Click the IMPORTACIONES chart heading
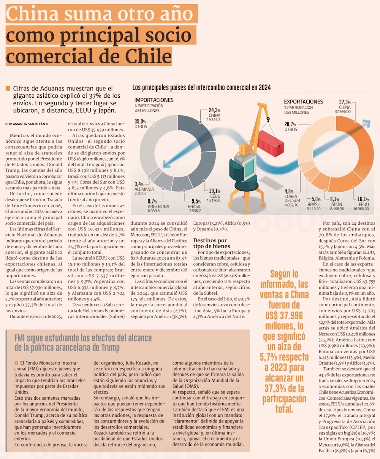pos(154,100)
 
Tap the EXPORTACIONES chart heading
pos(303,102)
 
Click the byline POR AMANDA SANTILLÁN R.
pos(27,124)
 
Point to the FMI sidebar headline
pos(83,342)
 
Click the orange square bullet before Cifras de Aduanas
pos(8,89)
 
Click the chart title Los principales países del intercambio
pos(201,87)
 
